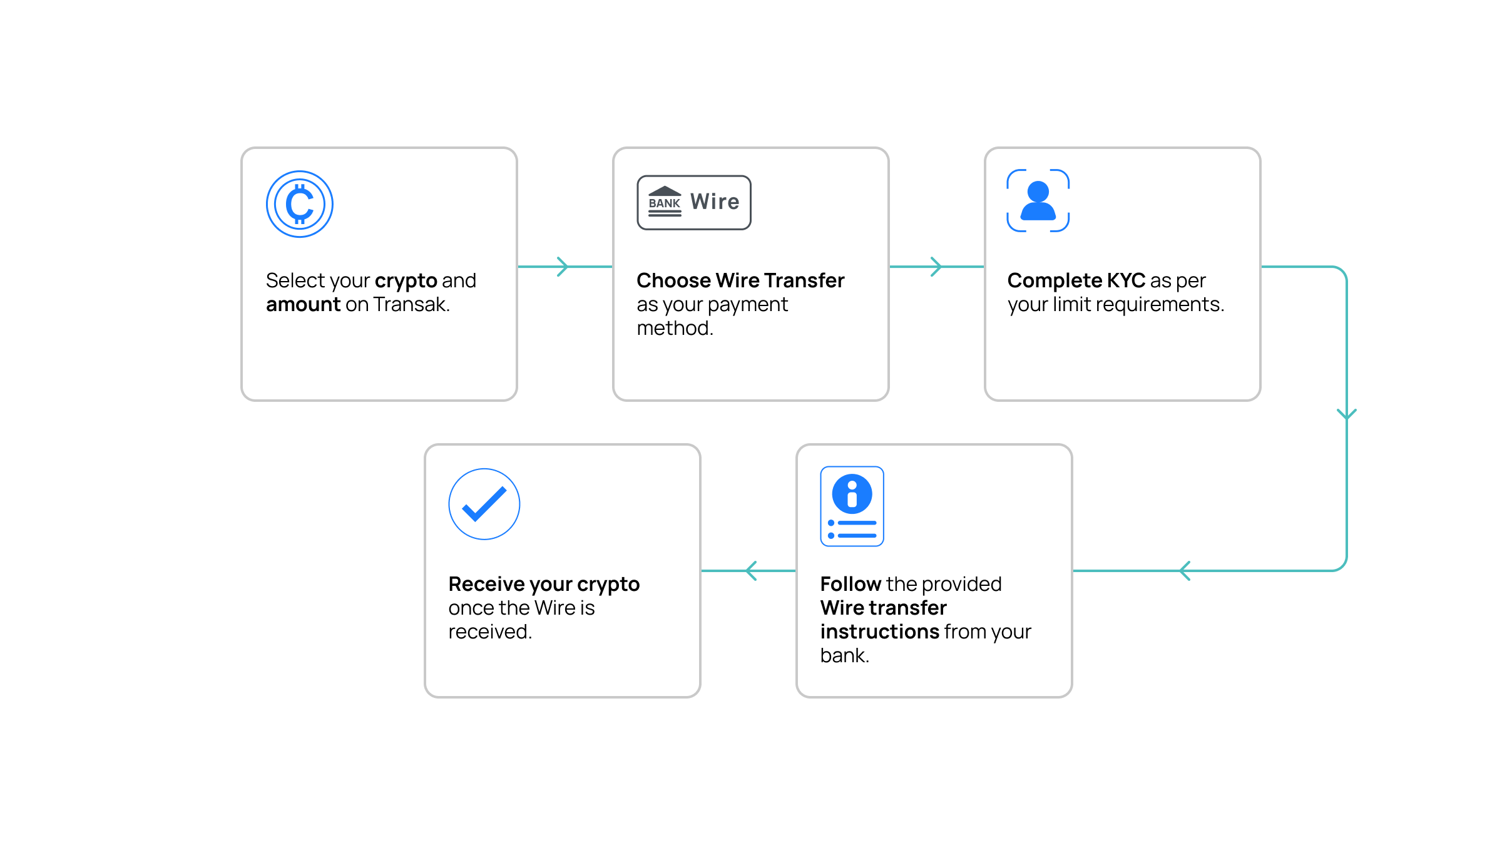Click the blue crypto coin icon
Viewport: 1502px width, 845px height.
tap(300, 204)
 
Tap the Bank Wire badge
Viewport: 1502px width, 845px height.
tap(694, 202)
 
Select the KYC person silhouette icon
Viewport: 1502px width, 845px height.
tap(1038, 200)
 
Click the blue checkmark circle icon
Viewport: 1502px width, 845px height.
tap(484, 504)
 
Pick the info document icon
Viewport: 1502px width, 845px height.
tap(852, 506)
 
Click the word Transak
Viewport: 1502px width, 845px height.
tap(411, 305)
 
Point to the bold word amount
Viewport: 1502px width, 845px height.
tap(304, 305)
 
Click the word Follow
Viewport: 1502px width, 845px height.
tap(851, 584)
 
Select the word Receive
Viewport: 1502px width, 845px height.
tap(486, 584)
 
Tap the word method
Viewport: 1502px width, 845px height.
tap(675, 329)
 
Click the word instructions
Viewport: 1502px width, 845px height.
tap(880, 632)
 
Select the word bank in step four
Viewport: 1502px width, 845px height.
tap(844, 655)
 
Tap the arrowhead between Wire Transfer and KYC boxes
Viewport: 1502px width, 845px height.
tap(936, 267)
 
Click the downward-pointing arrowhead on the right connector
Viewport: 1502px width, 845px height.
tap(1347, 414)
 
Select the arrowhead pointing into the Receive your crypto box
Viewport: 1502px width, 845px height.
tap(752, 571)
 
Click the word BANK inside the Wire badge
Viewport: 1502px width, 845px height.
tap(664, 203)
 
